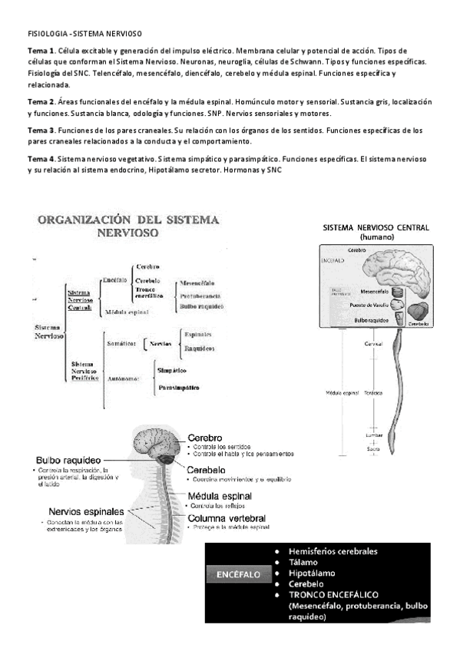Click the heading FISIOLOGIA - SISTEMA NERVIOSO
pyautogui.click(x=84, y=35)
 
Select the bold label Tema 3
pyautogui.click(x=40, y=131)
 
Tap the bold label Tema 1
pyautogui.click(x=40, y=49)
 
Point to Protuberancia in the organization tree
pyautogui.click(x=202, y=295)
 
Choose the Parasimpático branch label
pyautogui.click(x=179, y=388)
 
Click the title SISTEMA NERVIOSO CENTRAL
pyautogui.click(x=376, y=228)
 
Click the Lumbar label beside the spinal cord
pyautogui.click(x=374, y=435)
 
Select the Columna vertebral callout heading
pyautogui.click(x=223, y=518)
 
